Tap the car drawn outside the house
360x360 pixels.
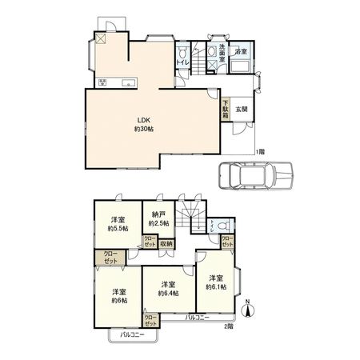[x=254, y=175]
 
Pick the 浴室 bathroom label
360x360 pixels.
[x=240, y=52]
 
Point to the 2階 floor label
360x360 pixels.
[x=227, y=326]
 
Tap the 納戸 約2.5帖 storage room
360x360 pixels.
[x=158, y=218]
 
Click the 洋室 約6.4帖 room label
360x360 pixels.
[x=167, y=289]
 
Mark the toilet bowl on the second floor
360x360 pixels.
[x=214, y=227]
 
